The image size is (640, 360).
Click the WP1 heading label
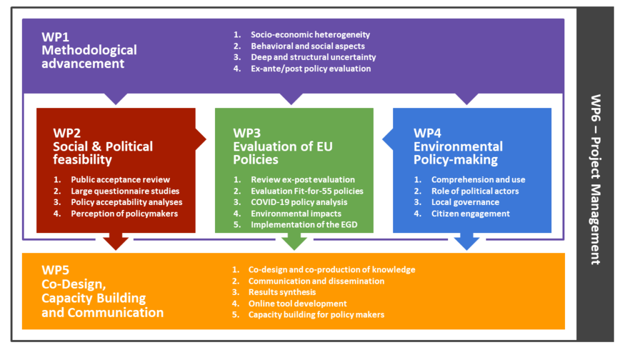56,37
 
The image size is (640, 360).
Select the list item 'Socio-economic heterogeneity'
310,35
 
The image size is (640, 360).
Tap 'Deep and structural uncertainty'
313,57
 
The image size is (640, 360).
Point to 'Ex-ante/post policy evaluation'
311,69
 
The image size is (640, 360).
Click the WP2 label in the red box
67,133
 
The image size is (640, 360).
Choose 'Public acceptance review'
121,179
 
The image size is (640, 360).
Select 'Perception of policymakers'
124,214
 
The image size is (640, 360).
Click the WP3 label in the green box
247,133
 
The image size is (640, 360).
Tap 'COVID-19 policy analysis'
299,202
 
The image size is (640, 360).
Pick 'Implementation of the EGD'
304,224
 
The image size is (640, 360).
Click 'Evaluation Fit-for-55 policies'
307,191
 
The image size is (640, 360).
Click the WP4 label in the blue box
427,133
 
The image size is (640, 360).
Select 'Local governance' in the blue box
465,202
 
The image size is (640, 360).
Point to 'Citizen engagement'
471,214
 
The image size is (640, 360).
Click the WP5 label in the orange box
56,270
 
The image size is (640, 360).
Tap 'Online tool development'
297,304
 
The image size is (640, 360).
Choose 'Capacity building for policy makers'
316,315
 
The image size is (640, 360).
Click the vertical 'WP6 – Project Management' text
596,179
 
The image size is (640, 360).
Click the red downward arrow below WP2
116,241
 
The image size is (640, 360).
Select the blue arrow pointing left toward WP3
387,139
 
